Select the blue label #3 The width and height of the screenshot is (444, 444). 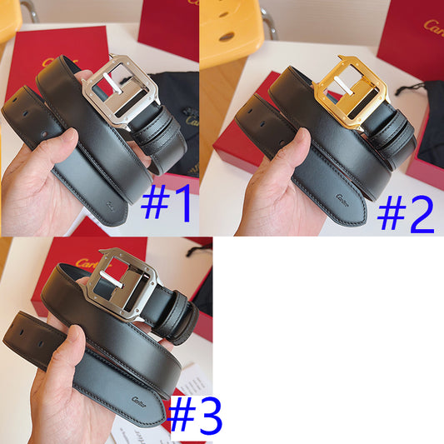[x=197, y=417]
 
